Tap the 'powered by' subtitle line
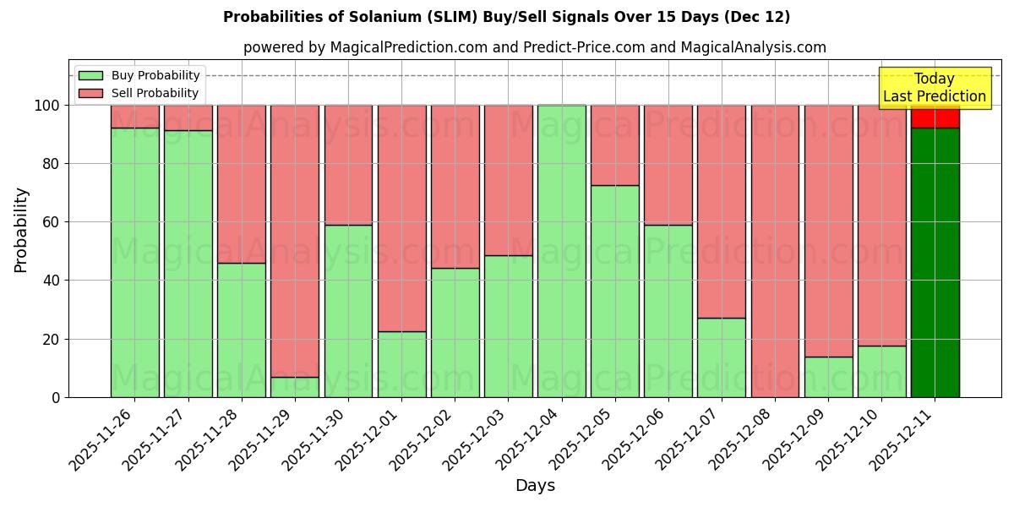point(534,47)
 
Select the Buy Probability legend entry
point(139,75)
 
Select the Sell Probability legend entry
point(139,93)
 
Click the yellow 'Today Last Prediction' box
point(934,88)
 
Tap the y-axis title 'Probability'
point(21,229)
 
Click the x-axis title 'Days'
point(535,486)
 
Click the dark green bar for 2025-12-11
point(935,262)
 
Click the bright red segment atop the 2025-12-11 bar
point(935,117)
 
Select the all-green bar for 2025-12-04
point(561,251)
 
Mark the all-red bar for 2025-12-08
point(775,251)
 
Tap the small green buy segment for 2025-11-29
point(295,387)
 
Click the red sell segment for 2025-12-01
point(401,218)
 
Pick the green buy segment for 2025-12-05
point(614,291)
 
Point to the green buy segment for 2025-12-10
point(881,371)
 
